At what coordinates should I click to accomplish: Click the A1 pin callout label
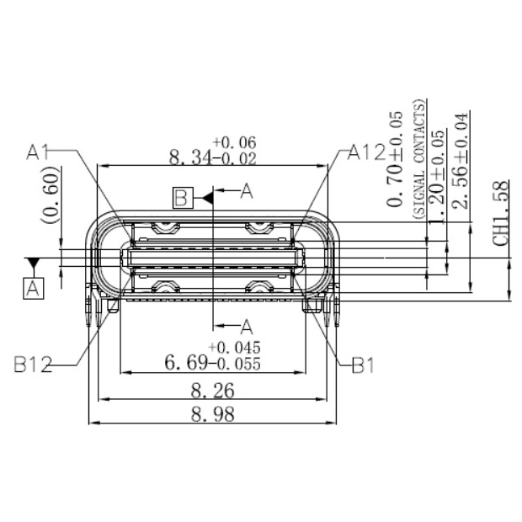[39, 152]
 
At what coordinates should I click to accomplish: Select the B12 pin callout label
[33, 365]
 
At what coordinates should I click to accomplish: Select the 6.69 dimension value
[186, 364]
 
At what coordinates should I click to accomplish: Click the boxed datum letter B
[181, 199]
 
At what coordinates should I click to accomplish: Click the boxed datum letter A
[33, 289]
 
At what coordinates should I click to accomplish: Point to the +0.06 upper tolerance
[234, 141]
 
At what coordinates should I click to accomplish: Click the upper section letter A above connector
[246, 192]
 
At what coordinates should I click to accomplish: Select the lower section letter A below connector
[247, 325]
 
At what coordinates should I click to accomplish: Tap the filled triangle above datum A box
[33, 264]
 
